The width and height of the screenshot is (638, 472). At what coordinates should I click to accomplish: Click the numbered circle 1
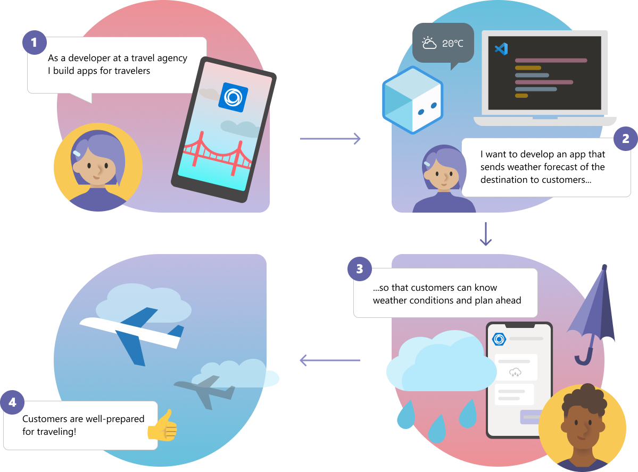[x=34, y=43]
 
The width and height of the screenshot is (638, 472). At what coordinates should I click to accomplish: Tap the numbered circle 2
[x=625, y=139]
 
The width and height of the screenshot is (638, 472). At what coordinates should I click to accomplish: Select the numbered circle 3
[x=360, y=269]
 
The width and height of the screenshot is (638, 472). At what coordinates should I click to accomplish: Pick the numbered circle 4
[x=12, y=402]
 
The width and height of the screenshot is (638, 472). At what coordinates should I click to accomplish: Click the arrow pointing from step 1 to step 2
[x=330, y=139]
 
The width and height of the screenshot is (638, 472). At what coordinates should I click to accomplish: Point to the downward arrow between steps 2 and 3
[x=486, y=234]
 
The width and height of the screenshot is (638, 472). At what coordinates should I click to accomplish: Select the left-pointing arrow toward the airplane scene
[x=330, y=360]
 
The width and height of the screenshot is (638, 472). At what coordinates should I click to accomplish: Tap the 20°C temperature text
[x=452, y=44]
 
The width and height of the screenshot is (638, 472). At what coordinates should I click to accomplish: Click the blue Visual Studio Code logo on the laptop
[x=501, y=49]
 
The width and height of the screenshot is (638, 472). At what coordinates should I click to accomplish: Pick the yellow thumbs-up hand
[x=163, y=426]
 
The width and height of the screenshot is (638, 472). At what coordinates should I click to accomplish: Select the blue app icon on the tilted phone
[x=233, y=97]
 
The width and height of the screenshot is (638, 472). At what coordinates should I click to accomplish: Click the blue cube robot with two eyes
[x=412, y=100]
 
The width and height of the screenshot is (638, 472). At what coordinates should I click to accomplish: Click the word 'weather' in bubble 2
[x=522, y=167]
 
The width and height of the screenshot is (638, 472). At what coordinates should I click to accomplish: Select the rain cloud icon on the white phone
[x=515, y=372]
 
